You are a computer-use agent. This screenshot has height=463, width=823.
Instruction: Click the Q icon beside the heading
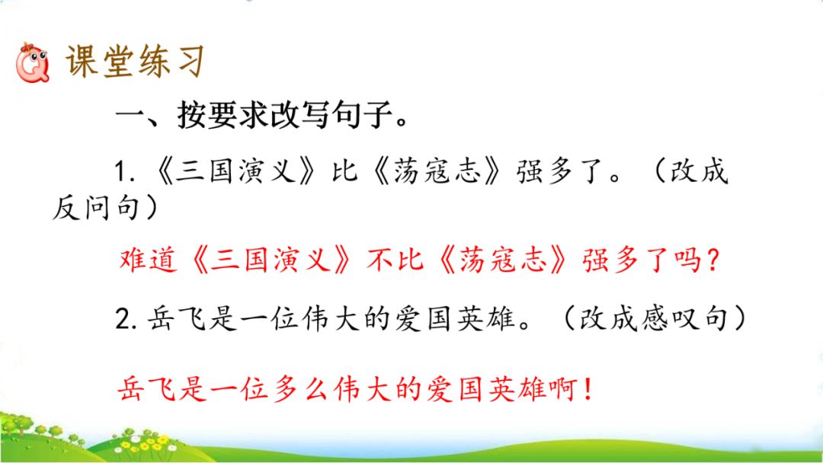pos(33,63)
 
